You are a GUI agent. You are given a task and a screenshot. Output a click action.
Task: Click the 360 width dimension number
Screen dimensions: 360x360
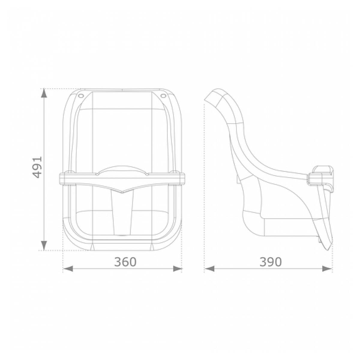click(125, 262)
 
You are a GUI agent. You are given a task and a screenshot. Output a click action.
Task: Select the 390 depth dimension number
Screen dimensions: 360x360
click(271, 262)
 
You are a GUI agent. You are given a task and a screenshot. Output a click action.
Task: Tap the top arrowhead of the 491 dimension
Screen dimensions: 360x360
click(43, 93)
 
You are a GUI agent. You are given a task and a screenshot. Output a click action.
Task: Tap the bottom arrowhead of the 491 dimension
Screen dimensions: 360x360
click(43, 246)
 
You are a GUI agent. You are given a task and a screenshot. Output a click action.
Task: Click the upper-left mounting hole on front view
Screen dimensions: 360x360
click(81, 96)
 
